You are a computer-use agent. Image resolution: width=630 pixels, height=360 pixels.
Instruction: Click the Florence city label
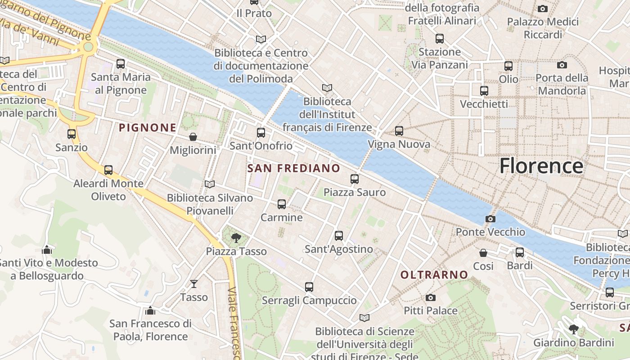coord(541,166)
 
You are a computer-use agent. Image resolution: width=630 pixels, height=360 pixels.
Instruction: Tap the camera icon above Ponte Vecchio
coord(490,219)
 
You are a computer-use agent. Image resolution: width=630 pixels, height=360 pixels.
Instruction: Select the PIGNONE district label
coord(148,128)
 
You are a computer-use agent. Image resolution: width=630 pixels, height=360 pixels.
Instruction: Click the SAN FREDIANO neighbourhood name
coord(294,168)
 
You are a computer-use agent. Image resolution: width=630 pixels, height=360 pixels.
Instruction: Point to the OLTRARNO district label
coord(434,274)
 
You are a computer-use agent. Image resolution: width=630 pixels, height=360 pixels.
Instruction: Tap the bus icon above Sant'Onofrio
coord(261,133)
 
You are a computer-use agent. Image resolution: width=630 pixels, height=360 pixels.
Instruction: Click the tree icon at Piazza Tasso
coord(235,238)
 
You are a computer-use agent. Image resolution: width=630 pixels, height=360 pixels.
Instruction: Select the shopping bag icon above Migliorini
coord(193,137)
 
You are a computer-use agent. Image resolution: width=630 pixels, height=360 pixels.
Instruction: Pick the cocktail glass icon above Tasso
coord(194,283)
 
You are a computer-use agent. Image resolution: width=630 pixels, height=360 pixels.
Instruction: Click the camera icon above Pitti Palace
coord(431,297)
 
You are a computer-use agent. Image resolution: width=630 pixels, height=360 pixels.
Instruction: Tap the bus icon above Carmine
coord(282,204)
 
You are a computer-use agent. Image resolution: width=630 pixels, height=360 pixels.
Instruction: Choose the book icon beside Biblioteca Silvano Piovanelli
coord(209,184)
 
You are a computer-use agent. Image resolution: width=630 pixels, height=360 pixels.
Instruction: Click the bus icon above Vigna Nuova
coord(399,131)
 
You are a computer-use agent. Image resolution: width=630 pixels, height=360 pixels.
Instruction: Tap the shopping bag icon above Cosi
coord(483,253)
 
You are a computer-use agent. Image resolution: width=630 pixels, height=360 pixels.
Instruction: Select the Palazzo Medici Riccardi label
coord(543,28)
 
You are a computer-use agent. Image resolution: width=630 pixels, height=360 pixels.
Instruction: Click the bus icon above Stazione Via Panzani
coord(440,39)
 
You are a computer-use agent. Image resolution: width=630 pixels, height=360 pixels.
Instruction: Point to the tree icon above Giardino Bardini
coord(574,329)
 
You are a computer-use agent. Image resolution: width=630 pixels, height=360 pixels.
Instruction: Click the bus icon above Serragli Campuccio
coord(309,287)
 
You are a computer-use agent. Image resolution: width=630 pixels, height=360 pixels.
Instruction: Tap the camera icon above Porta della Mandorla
coord(562,65)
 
